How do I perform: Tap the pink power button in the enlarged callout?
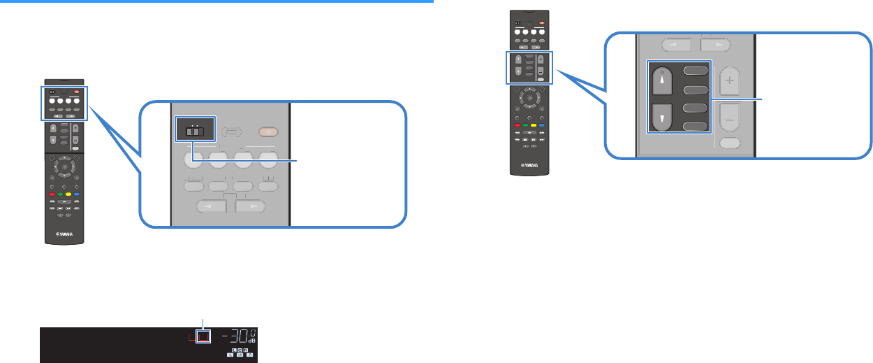[270, 131]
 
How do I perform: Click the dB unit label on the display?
[253, 341]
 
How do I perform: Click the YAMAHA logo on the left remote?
[64, 234]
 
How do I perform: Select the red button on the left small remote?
[51, 193]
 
